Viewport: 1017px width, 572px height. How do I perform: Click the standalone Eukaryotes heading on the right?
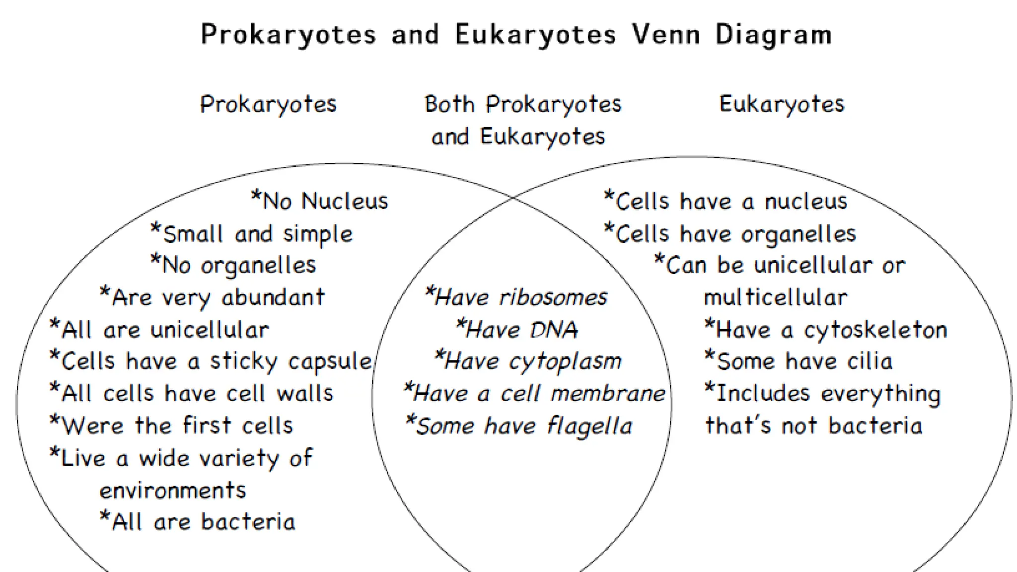coord(782,105)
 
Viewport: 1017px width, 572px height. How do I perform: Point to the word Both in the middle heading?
coord(449,105)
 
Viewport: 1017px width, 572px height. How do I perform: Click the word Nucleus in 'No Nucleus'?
coord(345,202)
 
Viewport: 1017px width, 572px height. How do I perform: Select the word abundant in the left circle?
coord(273,298)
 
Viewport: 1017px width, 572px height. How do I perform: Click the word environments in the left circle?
coord(173,491)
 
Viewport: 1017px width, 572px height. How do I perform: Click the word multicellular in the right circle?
coord(776,298)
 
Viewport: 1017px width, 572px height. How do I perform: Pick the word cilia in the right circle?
coord(870,361)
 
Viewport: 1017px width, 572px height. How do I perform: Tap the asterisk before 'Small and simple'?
coord(155,229)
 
